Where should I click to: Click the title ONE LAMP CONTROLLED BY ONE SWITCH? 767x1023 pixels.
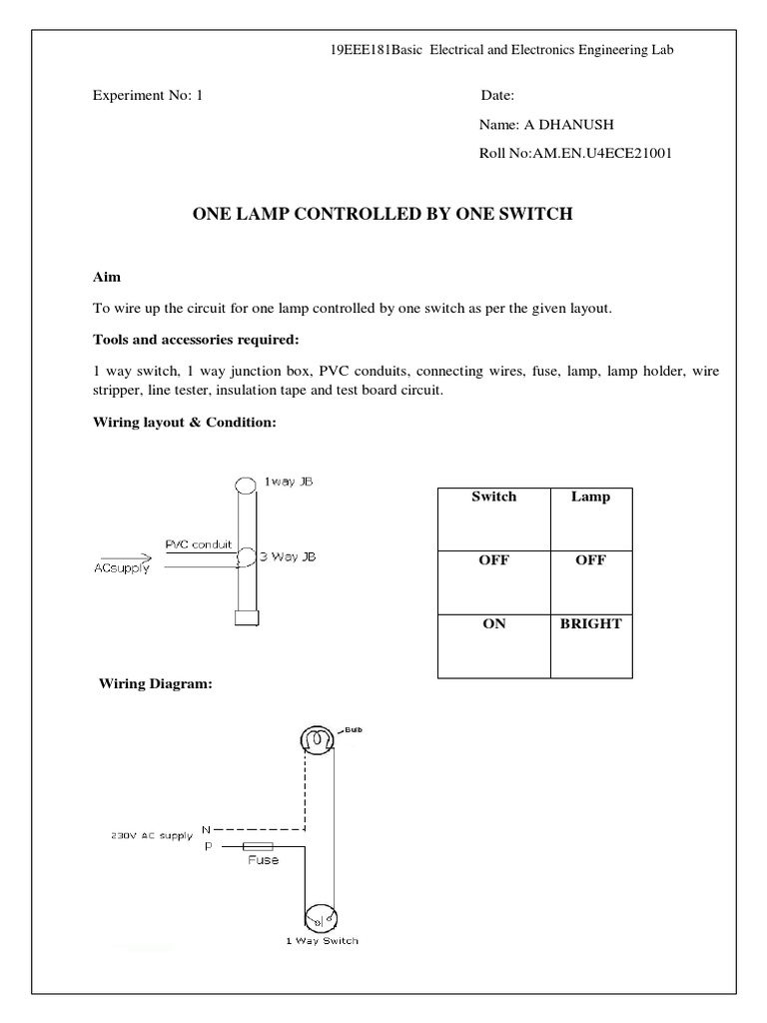click(x=383, y=214)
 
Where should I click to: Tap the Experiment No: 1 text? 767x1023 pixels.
click(x=147, y=97)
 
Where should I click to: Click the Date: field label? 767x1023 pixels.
click(x=497, y=97)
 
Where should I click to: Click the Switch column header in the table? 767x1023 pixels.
click(x=493, y=497)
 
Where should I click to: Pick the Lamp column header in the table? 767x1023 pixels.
click(x=590, y=497)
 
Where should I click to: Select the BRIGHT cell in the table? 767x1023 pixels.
click(x=590, y=623)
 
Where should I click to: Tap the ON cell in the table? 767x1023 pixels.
click(x=493, y=623)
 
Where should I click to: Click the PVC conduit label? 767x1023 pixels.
click(x=198, y=544)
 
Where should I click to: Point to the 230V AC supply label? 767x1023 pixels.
click(x=152, y=836)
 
